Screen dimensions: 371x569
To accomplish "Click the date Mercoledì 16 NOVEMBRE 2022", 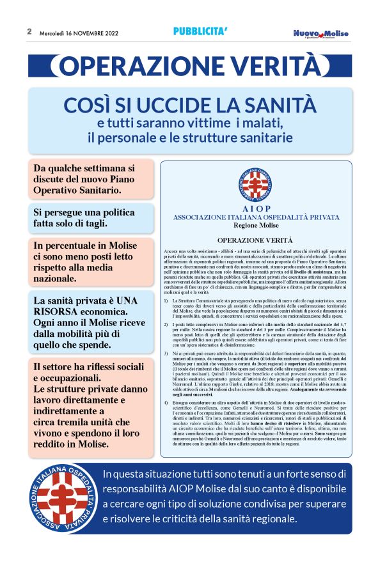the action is [x=79, y=33].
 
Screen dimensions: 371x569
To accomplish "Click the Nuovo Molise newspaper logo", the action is [x=321, y=33].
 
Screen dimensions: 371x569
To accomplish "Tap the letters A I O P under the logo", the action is [x=257, y=208].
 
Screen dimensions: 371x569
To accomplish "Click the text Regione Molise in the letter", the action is [x=257, y=225].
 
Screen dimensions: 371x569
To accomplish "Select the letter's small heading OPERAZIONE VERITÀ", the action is [x=257, y=240].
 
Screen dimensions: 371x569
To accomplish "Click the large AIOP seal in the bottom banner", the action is [x=63, y=507].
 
